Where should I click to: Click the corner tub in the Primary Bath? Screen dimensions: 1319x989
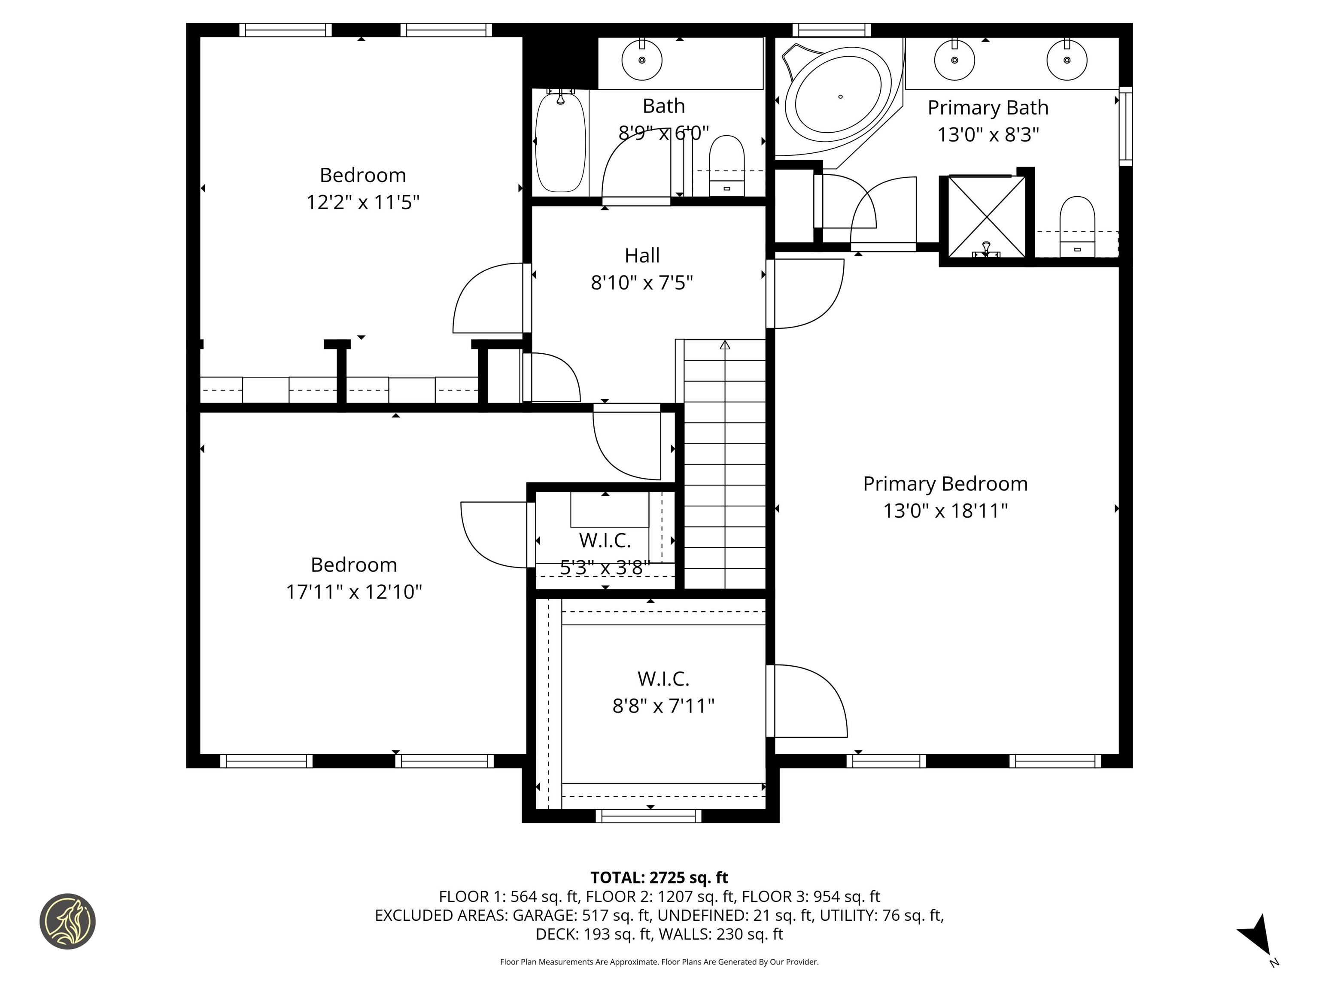839,98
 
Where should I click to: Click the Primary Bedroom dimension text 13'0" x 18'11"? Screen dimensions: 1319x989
945,511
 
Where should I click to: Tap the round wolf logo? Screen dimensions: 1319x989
67,921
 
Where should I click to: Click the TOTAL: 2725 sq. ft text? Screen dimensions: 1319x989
659,877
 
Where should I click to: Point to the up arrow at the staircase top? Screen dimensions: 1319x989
724,345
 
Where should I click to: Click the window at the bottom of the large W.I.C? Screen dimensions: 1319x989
648,816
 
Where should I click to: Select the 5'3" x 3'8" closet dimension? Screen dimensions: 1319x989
604,567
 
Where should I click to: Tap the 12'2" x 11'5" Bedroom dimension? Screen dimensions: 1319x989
362,203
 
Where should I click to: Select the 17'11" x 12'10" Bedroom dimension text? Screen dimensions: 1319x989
354,592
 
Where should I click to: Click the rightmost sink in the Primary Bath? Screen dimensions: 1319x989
1067,60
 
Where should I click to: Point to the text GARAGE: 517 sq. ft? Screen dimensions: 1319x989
582,915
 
